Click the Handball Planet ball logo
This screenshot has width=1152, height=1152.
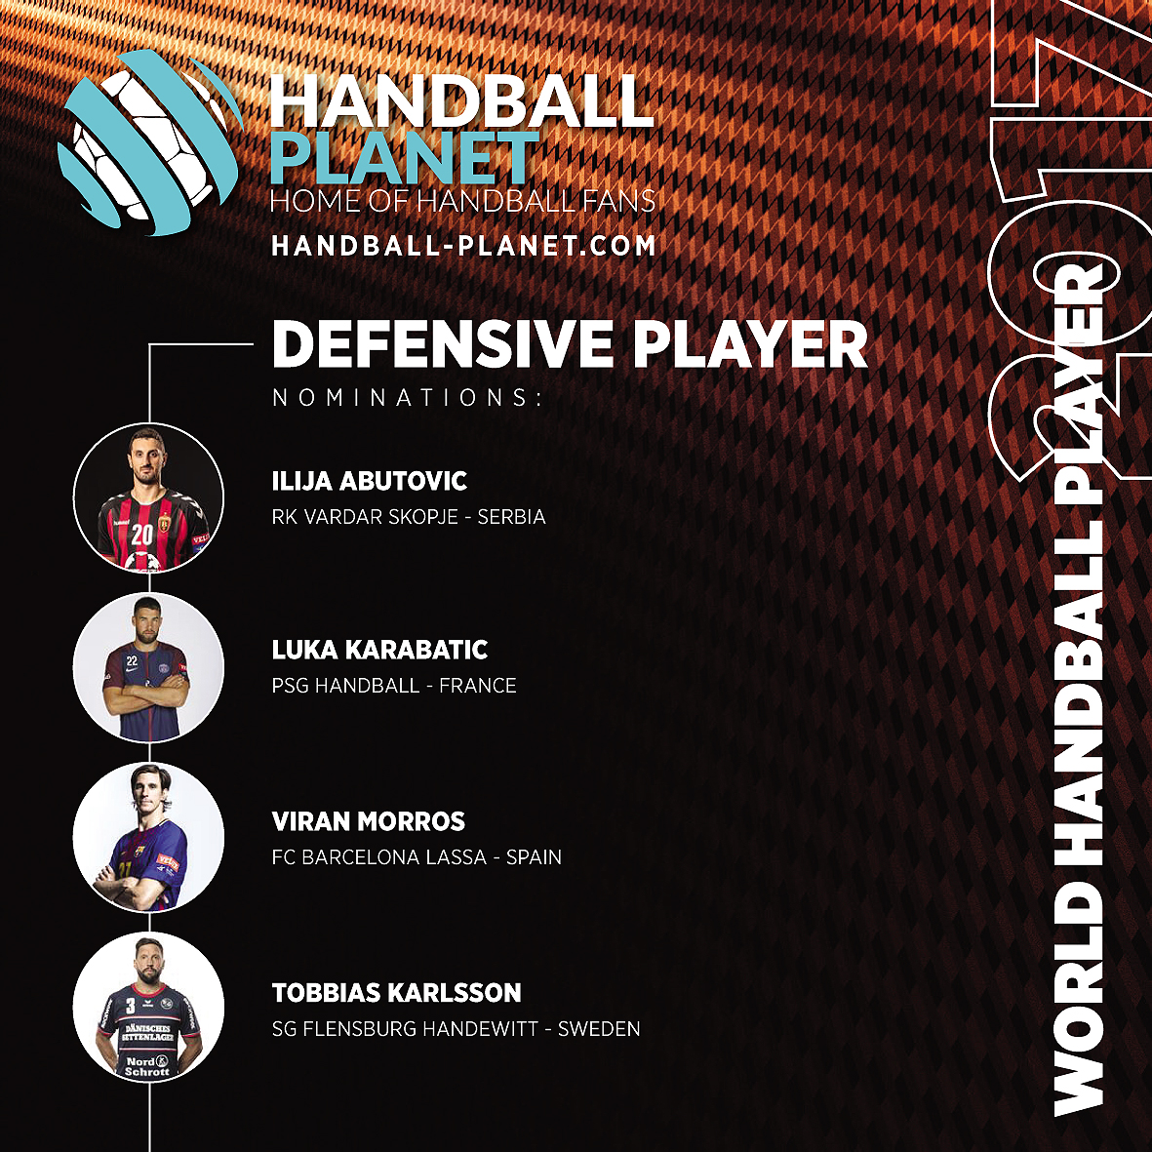pos(149,141)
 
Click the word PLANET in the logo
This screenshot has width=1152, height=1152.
pos(405,158)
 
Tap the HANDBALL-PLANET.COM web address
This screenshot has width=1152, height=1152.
pos(463,246)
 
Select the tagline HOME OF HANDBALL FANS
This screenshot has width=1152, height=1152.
pos(463,201)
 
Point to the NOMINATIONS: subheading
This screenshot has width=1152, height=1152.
pos(407,397)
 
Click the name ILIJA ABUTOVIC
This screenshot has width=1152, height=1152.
pos(370,481)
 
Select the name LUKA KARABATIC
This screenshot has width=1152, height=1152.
pos(379,650)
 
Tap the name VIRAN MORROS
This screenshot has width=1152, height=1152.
pos(368,821)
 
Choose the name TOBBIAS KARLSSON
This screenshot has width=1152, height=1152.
pos(397,993)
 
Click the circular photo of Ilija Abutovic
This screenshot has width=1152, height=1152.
pos(148,497)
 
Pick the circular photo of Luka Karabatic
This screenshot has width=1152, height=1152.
pos(148,667)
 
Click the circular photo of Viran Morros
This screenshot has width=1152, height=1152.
pos(148,838)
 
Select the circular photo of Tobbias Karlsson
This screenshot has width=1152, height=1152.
pos(148,1008)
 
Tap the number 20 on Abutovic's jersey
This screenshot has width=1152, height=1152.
pos(141,535)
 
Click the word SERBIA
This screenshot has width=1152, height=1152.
pos(511,517)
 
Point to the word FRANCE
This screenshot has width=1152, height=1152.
pos(478,686)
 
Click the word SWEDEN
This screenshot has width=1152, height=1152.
pos(599,1028)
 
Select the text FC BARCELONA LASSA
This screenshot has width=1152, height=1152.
pos(379,857)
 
